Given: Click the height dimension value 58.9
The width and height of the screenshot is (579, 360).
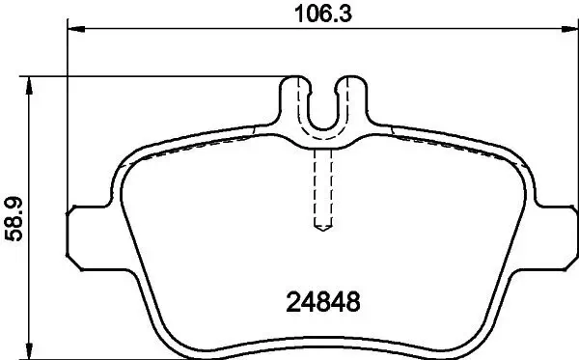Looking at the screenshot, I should (x=13, y=216).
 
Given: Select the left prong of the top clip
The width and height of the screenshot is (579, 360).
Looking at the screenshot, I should (x=295, y=97).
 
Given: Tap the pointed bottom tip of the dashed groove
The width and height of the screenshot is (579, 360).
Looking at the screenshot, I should (x=324, y=229).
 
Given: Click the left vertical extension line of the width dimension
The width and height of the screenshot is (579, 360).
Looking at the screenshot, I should (x=69, y=116).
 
